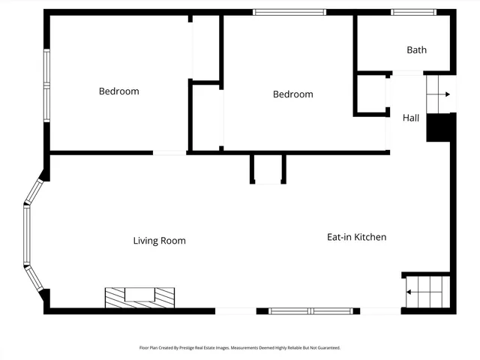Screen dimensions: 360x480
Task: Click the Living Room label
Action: click(x=159, y=241)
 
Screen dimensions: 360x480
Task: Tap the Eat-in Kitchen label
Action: click(x=356, y=237)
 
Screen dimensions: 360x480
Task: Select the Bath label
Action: click(x=416, y=50)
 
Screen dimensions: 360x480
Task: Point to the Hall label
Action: click(x=411, y=118)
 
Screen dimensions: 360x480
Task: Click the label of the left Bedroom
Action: click(x=118, y=91)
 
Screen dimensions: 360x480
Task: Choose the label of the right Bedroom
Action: click(x=292, y=94)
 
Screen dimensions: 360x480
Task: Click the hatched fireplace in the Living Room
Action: click(x=139, y=297)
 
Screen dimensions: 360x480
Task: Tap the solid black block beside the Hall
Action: click(x=440, y=127)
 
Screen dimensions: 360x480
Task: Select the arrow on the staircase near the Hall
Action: click(x=446, y=94)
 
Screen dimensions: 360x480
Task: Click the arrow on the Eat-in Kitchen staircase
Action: click(x=411, y=292)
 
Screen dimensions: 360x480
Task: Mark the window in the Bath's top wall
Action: click(x=413, y=12)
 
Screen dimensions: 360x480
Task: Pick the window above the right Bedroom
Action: click(x=289, y=12)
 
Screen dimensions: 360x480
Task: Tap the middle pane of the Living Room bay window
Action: click(x=26, y=236)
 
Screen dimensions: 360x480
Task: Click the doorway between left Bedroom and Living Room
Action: click(x=169, y=153)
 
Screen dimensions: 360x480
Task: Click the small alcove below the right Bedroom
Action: click(x=268, y=169)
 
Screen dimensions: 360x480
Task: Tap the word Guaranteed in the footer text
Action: click(x=327, y=348)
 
